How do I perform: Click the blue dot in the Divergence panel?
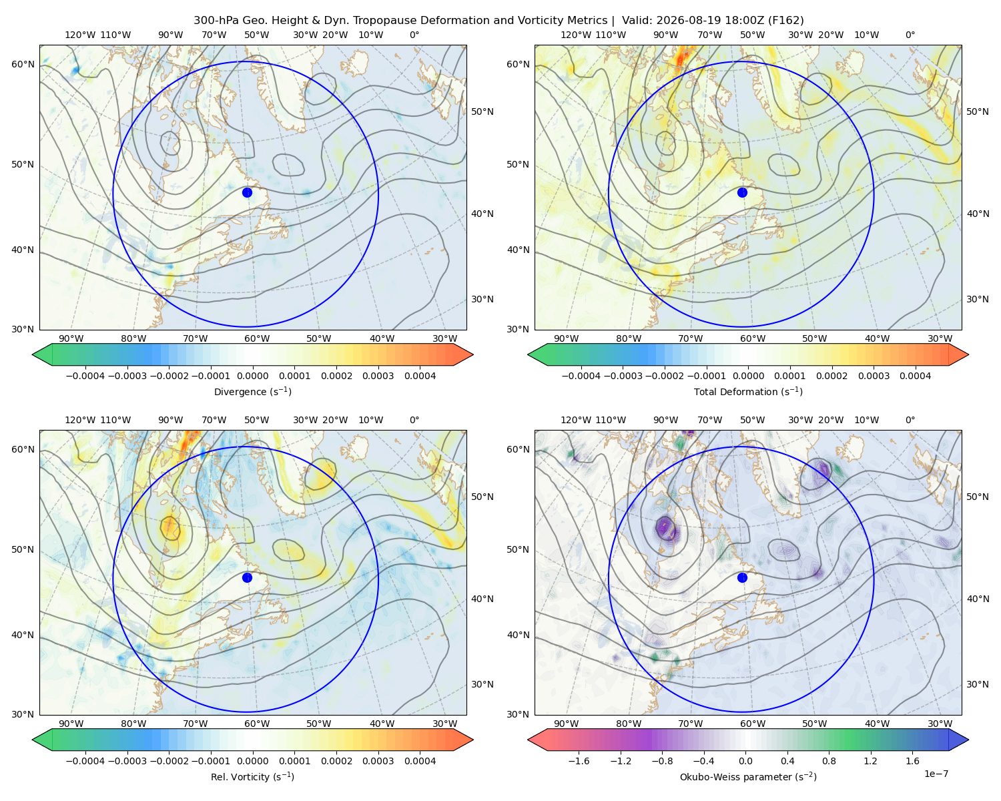(x=247, y=192)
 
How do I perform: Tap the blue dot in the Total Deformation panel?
(x=742, y=192)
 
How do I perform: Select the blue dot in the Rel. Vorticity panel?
(x=247, y=577)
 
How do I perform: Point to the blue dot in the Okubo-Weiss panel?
(x=742, y=577)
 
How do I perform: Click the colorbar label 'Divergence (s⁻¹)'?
(x=252, y=391)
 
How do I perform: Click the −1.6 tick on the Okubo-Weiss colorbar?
(x=579, y=761)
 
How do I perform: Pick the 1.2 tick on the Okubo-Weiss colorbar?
(x=870, y=761)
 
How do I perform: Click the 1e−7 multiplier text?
(x=936, y=774)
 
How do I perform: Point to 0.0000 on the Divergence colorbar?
(x=252, y=376)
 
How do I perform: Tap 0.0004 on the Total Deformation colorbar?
(x=915, y=376)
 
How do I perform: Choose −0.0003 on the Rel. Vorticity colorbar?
(x=127, y=761)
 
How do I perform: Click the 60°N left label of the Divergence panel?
(x=23, y=64)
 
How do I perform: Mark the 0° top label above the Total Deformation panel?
(x=910, y=35)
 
